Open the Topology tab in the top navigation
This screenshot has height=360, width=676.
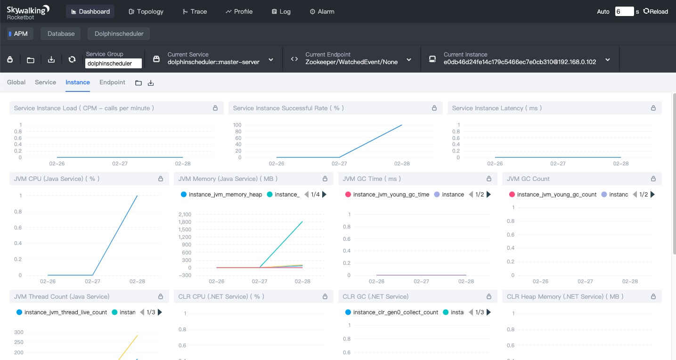[146, 11]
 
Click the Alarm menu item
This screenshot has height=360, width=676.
[322, 11]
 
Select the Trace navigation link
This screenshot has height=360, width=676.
[195, 11]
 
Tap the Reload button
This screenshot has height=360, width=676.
[655, 11]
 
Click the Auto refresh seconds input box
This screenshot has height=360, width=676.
[624, 11]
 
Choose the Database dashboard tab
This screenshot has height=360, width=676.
[61, 33]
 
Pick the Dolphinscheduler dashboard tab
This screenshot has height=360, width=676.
[119, 33]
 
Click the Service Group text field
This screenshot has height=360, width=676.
[114, 63]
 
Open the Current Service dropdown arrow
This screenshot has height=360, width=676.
[271, 60]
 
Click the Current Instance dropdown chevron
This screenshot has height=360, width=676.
[608, 60]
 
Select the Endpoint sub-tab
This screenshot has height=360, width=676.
[112, 82]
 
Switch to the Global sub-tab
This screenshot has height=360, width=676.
[16, 82]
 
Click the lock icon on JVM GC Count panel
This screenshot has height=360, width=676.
[653, 179]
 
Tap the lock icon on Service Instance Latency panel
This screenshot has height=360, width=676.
[653, 108]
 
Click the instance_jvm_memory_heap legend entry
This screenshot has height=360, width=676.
[221, 194]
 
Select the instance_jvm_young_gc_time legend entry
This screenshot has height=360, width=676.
[387, 194]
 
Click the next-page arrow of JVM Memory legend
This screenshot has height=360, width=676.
[325, 194]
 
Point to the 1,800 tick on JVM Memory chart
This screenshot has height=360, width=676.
[185, 222]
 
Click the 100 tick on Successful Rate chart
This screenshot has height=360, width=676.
[237, 125]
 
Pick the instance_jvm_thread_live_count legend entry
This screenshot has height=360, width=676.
[62, 312]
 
